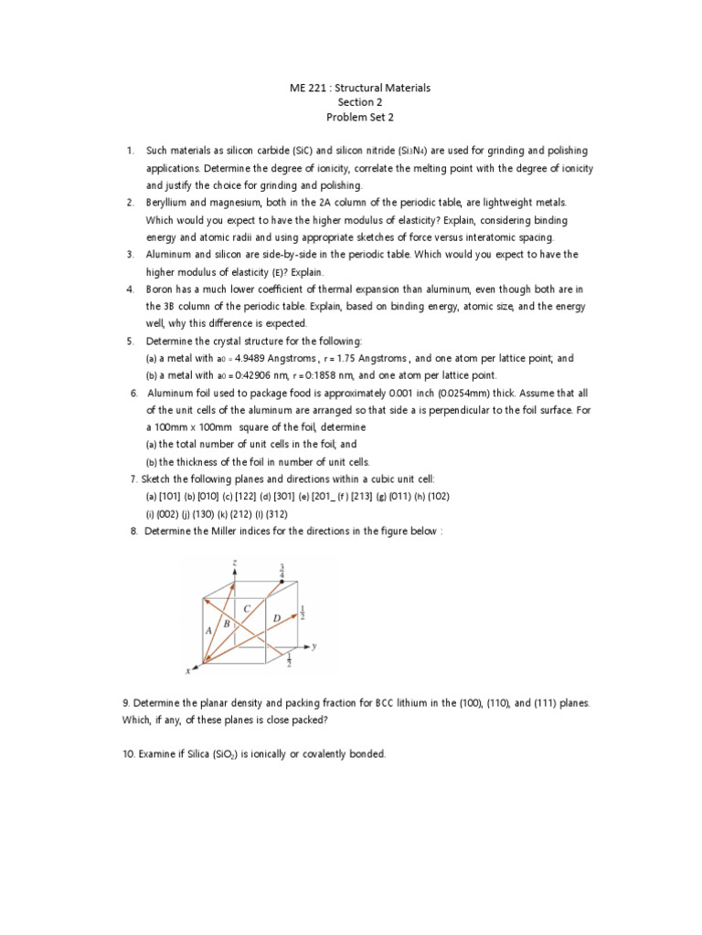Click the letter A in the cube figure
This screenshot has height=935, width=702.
(210, 629)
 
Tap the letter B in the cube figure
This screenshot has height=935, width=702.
(227, 623)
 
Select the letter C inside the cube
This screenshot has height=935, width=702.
(247, 608)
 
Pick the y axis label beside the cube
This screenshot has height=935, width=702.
(313, 646)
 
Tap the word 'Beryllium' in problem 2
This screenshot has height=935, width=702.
(170, 202)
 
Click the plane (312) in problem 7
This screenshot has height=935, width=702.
(277, 513)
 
